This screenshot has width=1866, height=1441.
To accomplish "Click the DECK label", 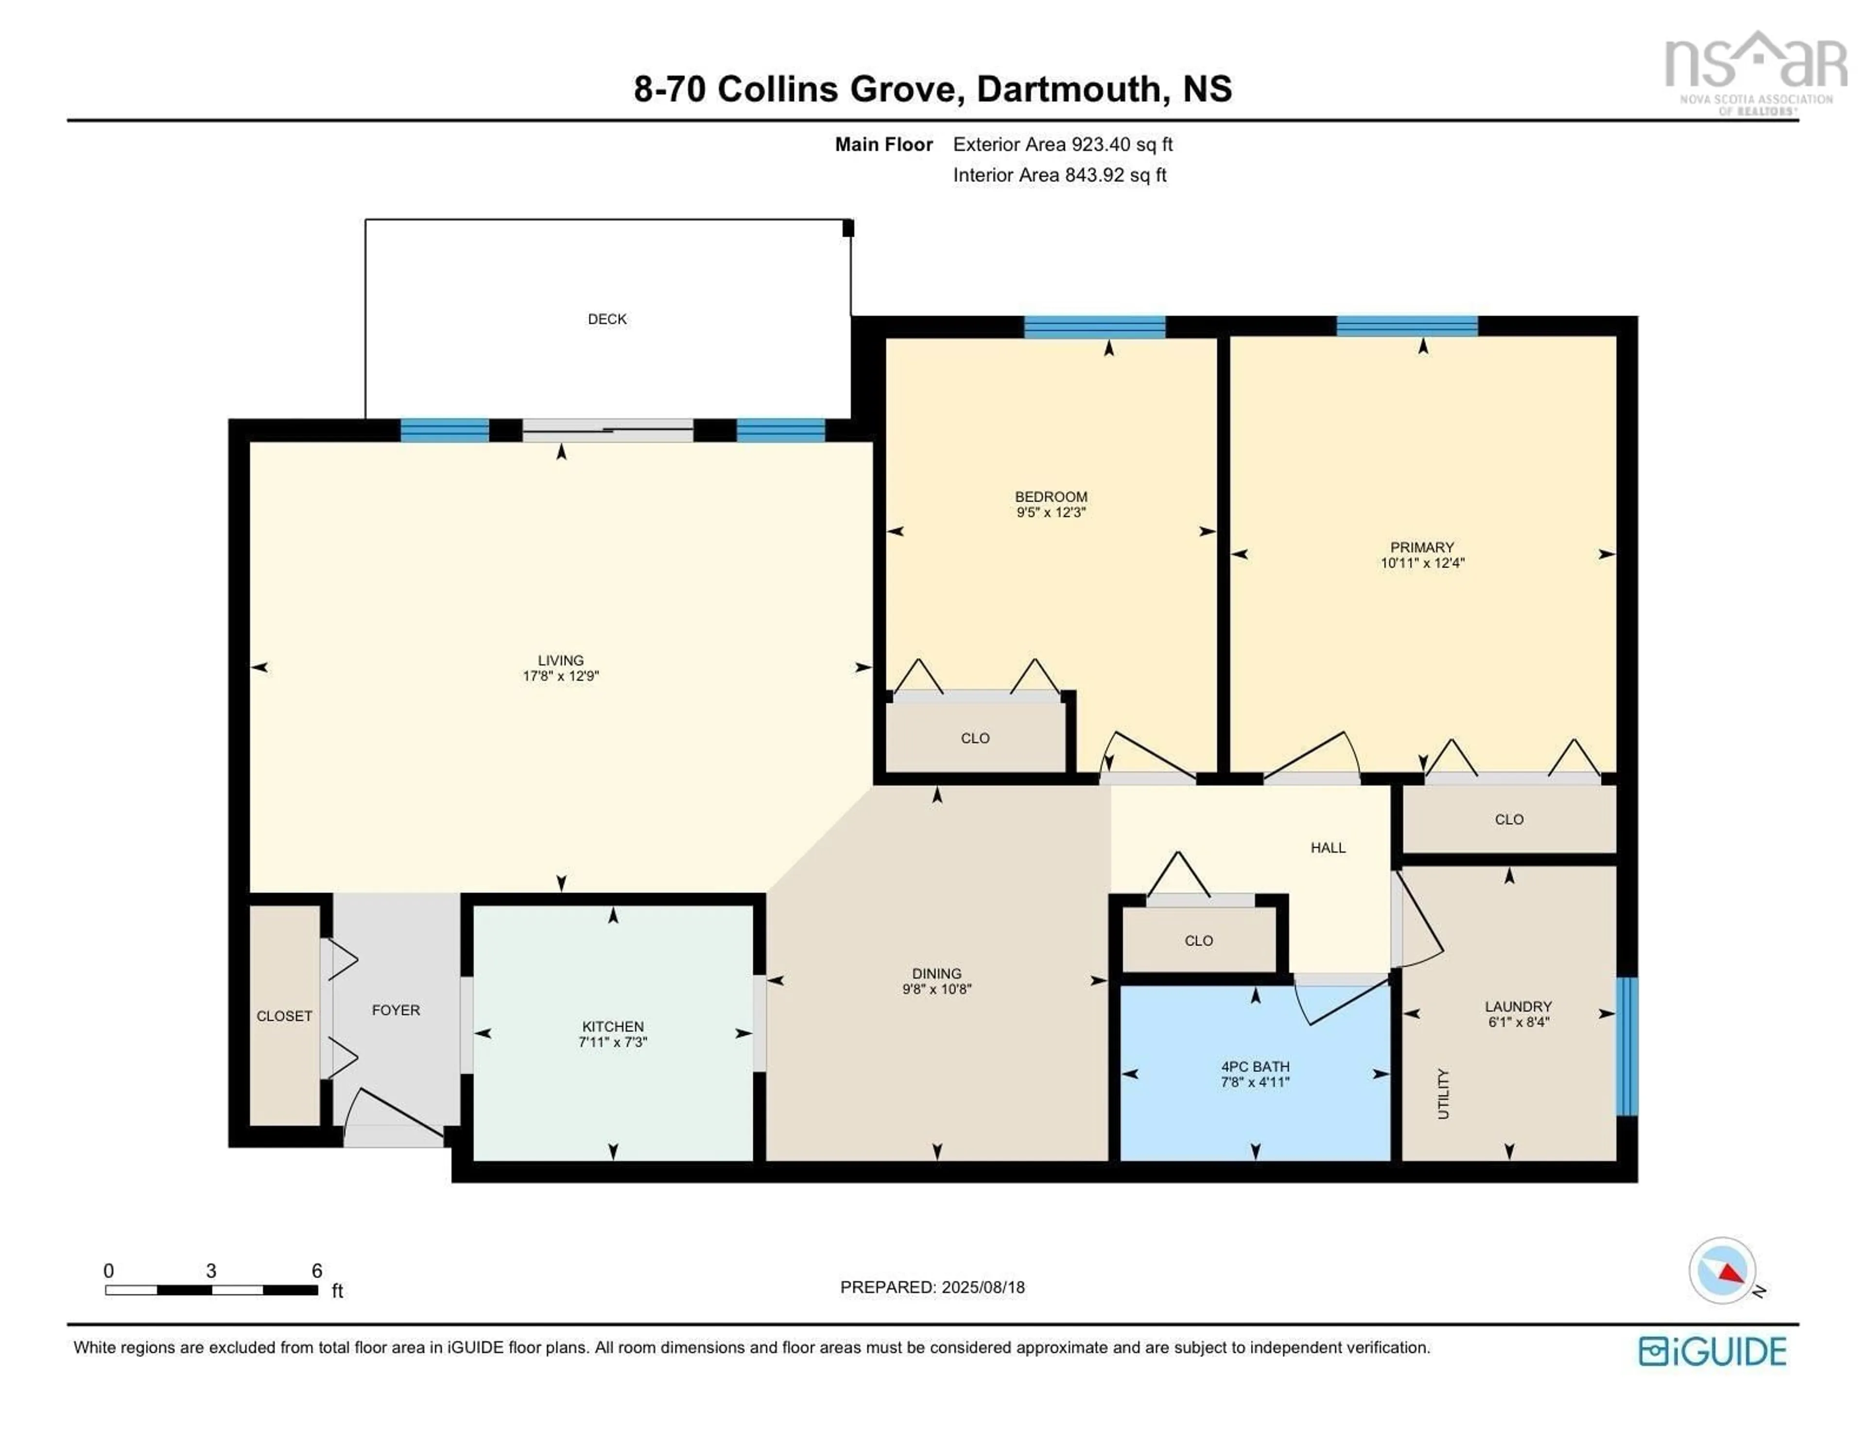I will point(606,319).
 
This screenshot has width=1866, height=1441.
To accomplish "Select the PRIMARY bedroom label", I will point(1422,547).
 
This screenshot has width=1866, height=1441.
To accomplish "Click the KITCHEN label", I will point(613,1026).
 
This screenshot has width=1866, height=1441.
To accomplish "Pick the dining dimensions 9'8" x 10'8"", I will point(936,989).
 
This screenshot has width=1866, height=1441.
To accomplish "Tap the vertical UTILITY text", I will point(1443,1093).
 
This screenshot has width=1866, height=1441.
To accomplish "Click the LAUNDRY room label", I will point(1518,1006).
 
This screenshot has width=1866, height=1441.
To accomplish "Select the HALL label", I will point(1328,848).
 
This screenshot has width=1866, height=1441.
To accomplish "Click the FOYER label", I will point(396,1010).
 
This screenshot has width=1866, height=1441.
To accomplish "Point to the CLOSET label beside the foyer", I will point(284,1016).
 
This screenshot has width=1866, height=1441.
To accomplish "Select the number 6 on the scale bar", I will point(317,1270).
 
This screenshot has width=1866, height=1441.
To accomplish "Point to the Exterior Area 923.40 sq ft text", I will point(1062,144).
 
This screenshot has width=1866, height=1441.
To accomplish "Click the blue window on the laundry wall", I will point(1627,1046).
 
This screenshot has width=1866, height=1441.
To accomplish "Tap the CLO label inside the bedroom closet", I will point(975,738).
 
